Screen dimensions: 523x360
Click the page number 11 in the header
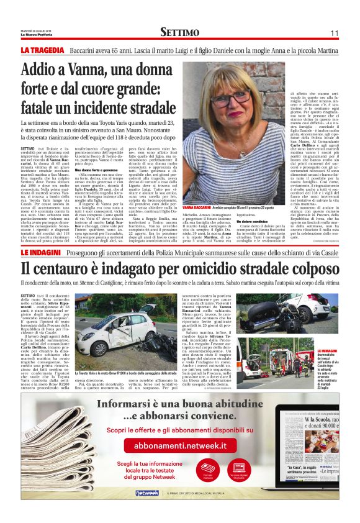tap(334, 33)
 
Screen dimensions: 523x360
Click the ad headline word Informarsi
tap(143, 403)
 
